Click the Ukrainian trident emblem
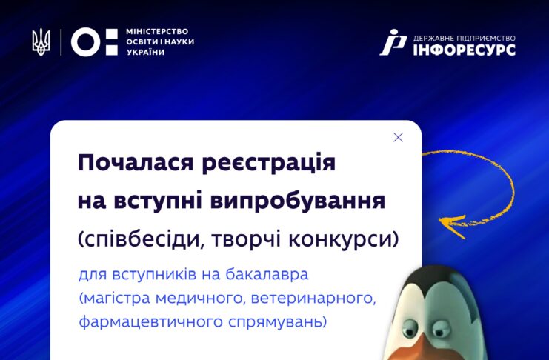tap(41, 42)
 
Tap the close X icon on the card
tap(398, 137)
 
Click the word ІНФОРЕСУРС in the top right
tap(465, 50)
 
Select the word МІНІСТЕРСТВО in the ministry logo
tap(157, 32)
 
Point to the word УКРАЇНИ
tap(146, 52)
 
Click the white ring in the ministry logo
tap(85, 42)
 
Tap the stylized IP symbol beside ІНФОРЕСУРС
tap(393, 42)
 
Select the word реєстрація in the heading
tap(269, 163)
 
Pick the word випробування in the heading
tap(298, 201)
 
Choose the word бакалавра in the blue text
tap(267, 274)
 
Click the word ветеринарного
tap(313, 299)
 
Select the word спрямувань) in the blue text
tap(278, 322)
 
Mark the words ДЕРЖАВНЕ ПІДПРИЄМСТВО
tap(465, 38)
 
